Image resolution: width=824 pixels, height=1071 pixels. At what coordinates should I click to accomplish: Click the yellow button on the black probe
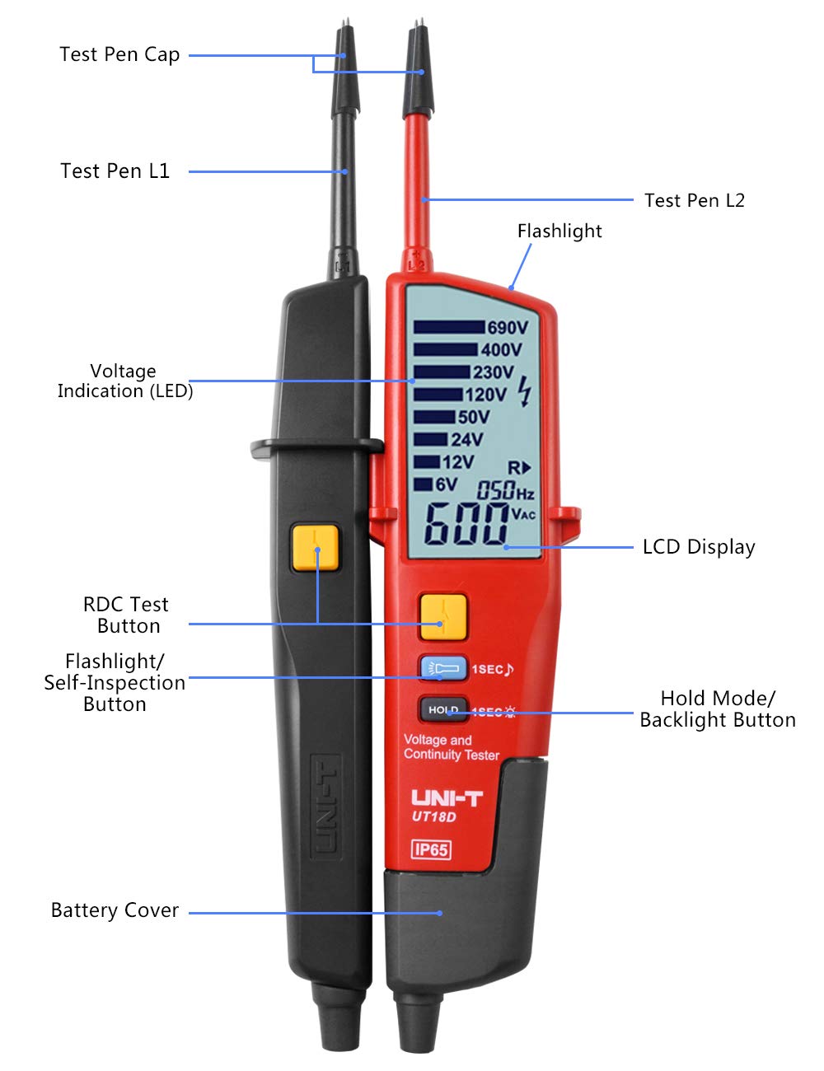pos(315,548)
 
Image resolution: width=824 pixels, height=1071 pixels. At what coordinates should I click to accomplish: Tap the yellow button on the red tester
pos(442,617)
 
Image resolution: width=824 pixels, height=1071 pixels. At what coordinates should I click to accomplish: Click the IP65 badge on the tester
pos(431,849)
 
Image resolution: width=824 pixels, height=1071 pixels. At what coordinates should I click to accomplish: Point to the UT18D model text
pos(433,816)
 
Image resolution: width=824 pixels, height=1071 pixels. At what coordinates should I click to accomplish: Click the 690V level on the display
pos(507,328)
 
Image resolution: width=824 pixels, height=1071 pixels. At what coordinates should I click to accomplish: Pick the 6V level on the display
pos(446,484)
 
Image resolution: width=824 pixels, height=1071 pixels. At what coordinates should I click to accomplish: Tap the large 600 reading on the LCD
pos(466,525)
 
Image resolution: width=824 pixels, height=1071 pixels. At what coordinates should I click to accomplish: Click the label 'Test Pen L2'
pos(694,200)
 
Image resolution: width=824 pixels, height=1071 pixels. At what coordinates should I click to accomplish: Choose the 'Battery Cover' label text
pos(115,910)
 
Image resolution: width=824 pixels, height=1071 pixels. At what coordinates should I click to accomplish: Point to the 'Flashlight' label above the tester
pos(559,232)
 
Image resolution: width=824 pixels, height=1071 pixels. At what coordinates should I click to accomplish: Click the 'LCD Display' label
pos(699,547)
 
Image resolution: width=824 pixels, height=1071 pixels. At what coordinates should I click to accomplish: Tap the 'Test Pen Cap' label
pos(119,54)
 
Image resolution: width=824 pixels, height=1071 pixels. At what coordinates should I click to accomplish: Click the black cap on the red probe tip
pos(419,74)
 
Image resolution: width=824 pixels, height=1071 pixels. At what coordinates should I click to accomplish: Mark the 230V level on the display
pos(493,372)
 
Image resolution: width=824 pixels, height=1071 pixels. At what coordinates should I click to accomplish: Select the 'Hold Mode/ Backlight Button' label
pos(718,709)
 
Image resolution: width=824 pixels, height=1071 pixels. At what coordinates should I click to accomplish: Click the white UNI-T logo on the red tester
pos(447,797)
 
